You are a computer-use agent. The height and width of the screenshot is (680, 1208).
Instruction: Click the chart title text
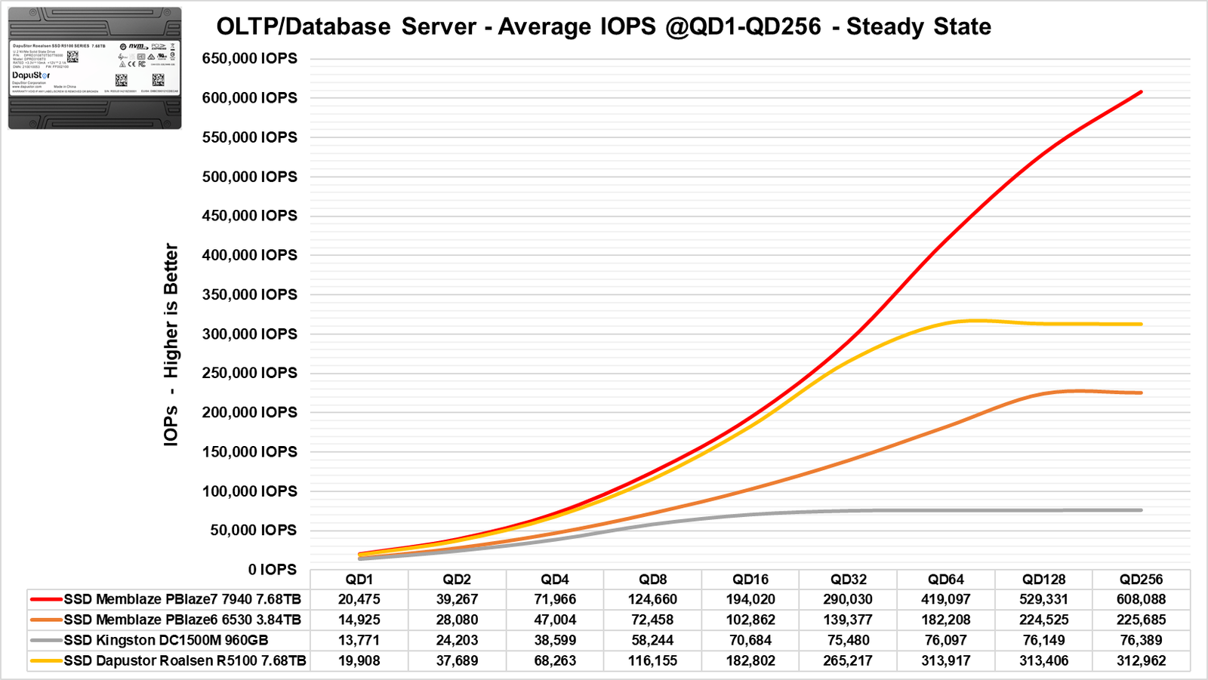pos(603,26)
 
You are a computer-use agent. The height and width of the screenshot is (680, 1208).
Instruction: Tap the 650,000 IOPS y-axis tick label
pos(249,59)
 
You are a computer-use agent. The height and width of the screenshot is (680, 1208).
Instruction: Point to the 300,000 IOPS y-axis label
pos(249,334)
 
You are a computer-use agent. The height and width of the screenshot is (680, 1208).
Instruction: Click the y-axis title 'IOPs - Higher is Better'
pos(171,344)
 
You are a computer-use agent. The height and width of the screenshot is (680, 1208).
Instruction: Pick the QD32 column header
pos(849,580)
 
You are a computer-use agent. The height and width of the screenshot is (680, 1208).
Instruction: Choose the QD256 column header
pos(1141,580)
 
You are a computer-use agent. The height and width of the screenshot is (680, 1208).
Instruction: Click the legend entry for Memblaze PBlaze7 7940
pos(182,599)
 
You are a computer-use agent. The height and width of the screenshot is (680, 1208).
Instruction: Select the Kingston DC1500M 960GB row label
pos(165,640)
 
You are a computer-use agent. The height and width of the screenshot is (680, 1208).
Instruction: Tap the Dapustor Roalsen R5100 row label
pos(185,660)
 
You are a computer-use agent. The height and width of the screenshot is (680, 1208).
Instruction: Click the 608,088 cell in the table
pos(1141,599)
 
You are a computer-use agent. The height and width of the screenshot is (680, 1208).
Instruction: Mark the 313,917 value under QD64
pos(946,660)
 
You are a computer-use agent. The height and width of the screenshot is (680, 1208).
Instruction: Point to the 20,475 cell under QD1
pos(359,599)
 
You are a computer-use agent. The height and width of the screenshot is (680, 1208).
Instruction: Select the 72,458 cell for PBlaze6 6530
pos(652,620)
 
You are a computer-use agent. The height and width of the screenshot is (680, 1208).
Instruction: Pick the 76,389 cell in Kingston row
pos(1141,640)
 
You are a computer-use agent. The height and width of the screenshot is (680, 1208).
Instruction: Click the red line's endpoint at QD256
pos(1141,92)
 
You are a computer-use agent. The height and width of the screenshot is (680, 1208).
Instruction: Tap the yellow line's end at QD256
pos(1141,325)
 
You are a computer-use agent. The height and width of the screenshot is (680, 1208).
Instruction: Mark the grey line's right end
pos(1141,510)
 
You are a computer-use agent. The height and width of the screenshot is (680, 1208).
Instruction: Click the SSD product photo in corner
pos(94,68)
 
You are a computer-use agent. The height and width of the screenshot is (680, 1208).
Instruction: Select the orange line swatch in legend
pos(46,620)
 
